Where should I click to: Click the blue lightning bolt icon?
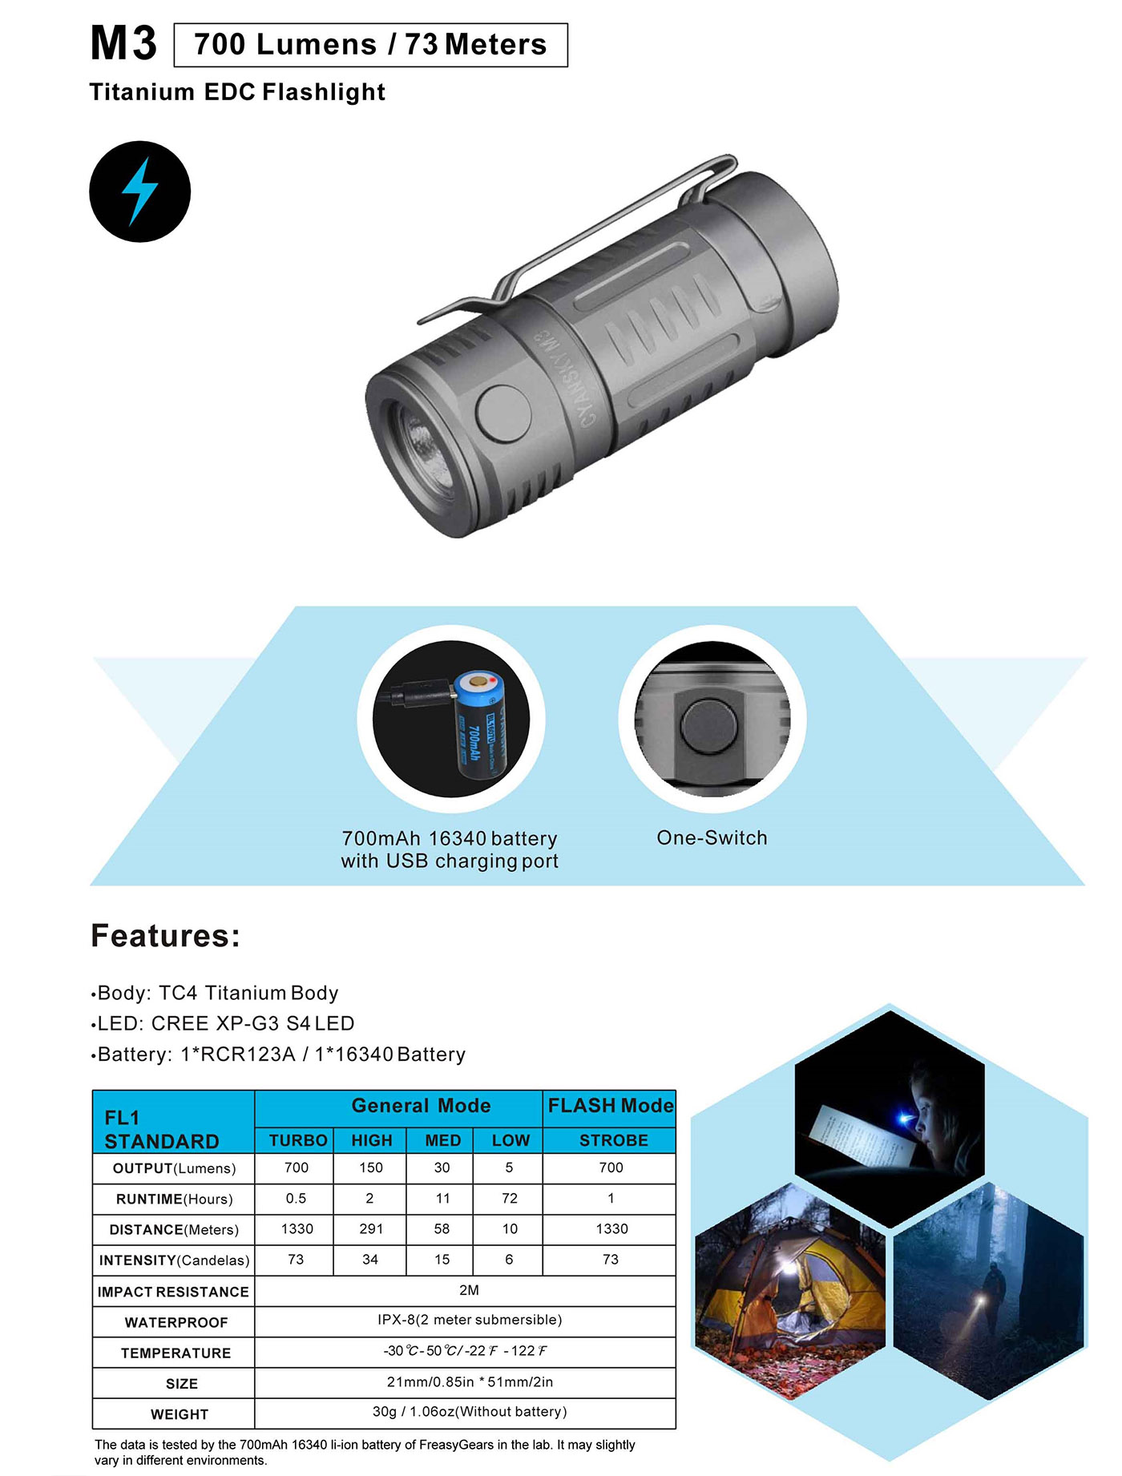click(x=139, y=192)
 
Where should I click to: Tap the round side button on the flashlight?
click(x=503, y=413)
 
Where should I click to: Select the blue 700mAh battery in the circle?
click(x=481, y=725)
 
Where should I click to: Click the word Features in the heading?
click(x=165, y=936)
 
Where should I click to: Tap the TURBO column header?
click(x=298, y=1140)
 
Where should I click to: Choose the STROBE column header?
click(x=613, y=1140)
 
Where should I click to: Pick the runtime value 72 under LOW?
click(x=510, y=1199)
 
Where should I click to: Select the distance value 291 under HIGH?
click(x=371, y=1229)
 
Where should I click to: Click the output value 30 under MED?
click(x=442, y=1167)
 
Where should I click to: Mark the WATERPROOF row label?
click(x=176, y=1323)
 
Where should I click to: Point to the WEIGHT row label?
click(x=180, y=1415)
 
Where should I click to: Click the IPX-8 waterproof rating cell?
click(x=470, y=1320)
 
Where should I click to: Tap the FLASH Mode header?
click(x=611, y=1106)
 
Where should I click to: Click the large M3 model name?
click(x=123, y=43)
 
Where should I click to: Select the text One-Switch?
click(x=712, y=838)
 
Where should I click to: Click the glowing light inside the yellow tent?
click(x=787, y=1268)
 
